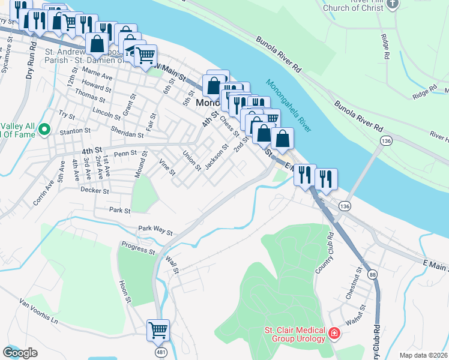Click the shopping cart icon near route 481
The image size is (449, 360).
point(158,329)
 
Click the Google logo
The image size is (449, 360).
point(20,353)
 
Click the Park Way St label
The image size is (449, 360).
point(155,230)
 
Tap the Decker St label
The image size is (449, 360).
point(94,191)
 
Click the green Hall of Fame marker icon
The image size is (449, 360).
point(44,129)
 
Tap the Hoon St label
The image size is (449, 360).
point(124,291)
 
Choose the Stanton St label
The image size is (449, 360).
point(74,130)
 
